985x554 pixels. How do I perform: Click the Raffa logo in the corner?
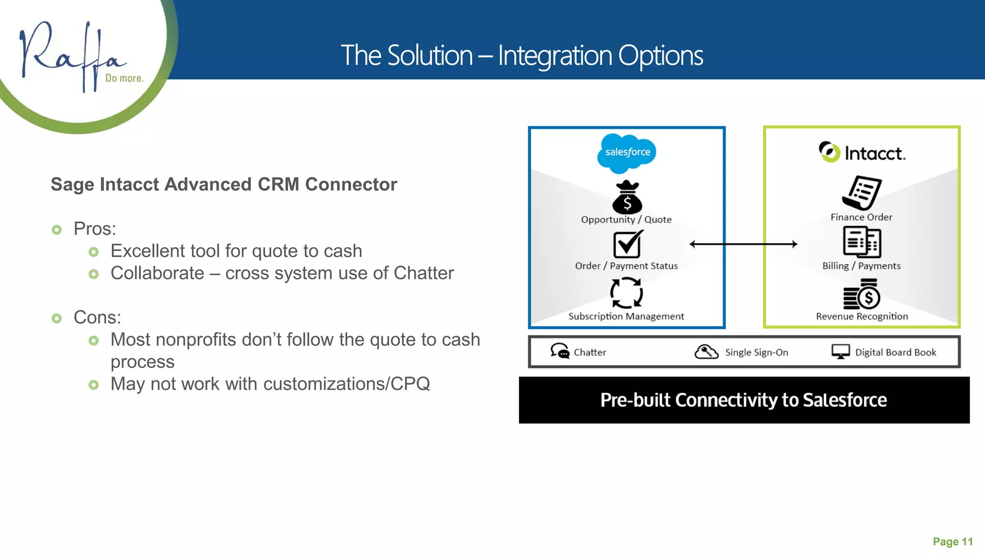tap(77, 55)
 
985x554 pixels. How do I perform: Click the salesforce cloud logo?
tap(627, 153)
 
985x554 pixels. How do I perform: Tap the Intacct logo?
tap(862, 152)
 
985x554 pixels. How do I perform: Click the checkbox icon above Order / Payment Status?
tap(627, 244)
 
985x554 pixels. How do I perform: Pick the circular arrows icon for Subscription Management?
tap(626, 293)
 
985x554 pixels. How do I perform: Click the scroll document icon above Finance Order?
tap(862, 193)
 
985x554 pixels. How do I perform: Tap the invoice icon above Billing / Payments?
tap(862, 242)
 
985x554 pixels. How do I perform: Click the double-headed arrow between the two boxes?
tap(744, 244)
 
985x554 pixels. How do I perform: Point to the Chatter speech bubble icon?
tap(559, 351)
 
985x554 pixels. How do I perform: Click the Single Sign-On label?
tap(756, 353)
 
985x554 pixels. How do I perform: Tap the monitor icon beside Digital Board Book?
tap(841, 352)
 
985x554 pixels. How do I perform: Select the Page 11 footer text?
tap(952, 542)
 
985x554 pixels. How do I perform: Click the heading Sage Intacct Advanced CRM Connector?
tap(224, 185)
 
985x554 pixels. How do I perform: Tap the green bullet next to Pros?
tap(57, 230)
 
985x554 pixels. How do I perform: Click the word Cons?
tap(97, 317)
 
